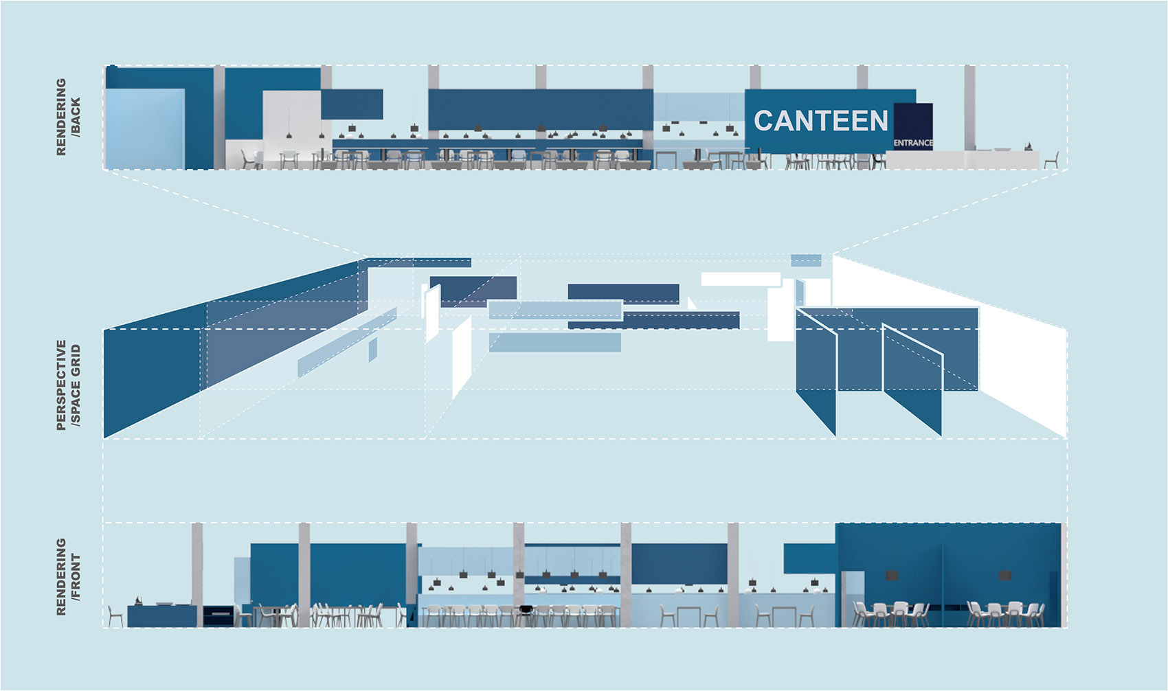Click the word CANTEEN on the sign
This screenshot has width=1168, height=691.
821,121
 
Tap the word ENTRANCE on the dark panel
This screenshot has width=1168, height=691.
913,143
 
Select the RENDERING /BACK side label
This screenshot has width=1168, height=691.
68,117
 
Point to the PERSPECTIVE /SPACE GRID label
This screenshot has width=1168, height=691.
68,385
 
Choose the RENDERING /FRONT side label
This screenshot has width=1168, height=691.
68,576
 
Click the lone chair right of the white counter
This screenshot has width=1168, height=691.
1051,161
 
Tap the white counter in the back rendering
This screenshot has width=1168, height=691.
962,160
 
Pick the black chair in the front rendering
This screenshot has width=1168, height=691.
526,611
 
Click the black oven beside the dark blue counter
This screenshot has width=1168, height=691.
218,615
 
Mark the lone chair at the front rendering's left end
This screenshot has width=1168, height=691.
115,616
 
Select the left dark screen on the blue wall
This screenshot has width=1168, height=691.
892,574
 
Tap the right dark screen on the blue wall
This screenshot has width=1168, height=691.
1004,574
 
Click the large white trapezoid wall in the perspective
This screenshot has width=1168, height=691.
1017,343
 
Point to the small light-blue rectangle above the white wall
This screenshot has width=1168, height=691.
806,260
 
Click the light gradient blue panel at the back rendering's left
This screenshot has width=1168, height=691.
144,129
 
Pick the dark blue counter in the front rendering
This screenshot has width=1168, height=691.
162,616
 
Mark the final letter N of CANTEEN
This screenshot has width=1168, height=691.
878,121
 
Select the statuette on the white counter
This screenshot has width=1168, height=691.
1028,146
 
